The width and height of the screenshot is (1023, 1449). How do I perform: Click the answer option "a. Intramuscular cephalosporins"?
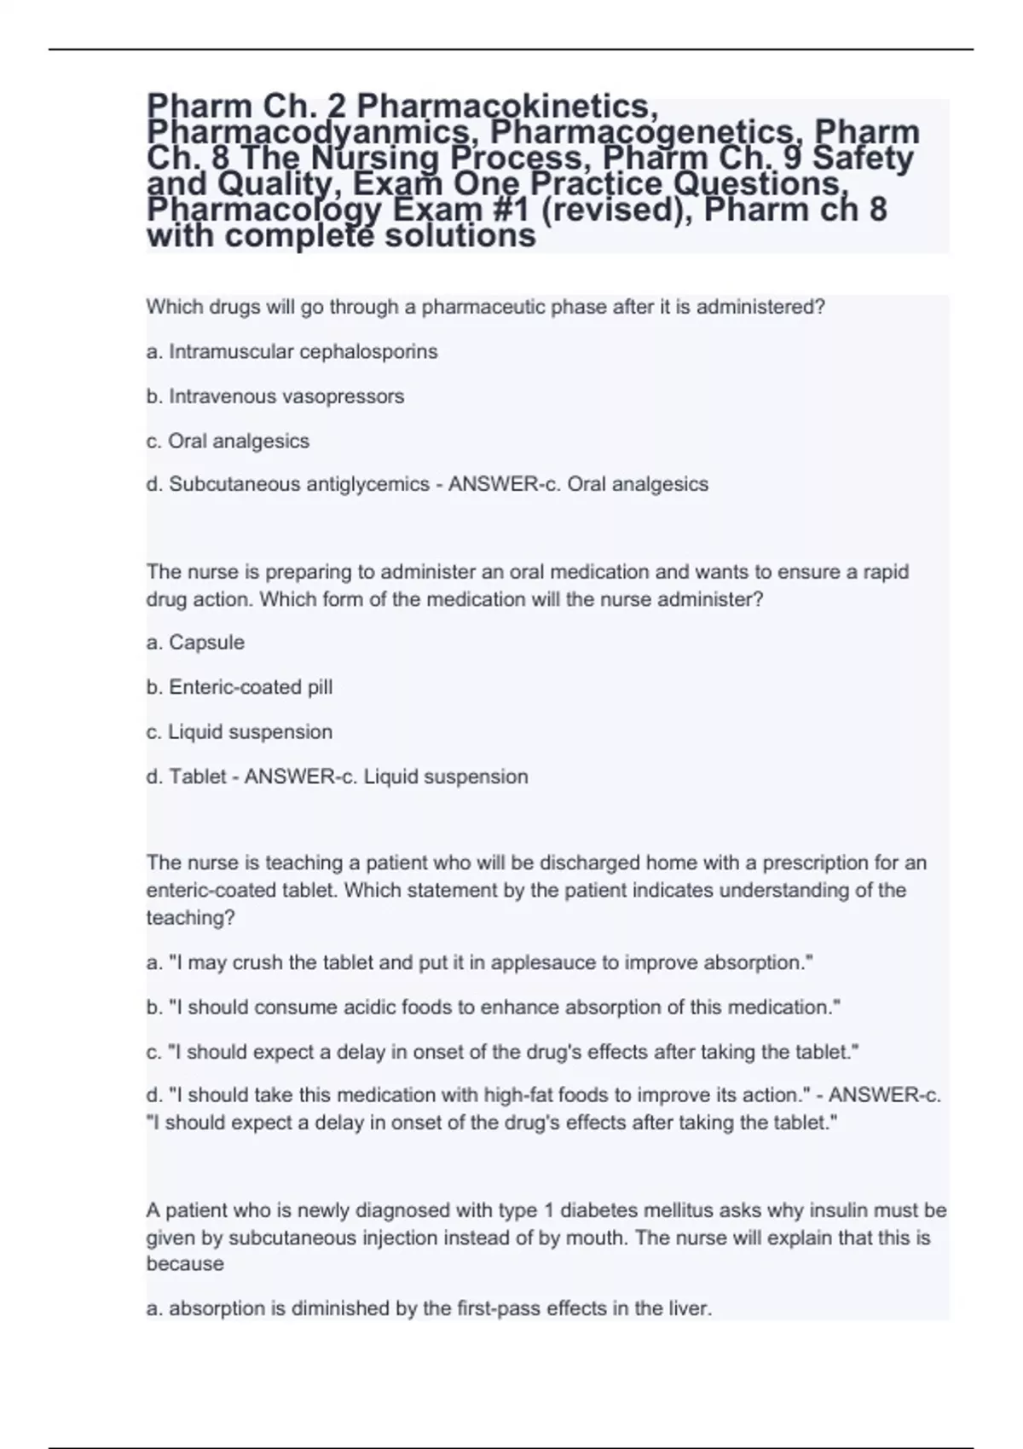pyautogui.click(x=292, y=352)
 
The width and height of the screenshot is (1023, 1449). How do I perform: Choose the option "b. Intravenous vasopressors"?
pyautogui.click(x=275, y=396)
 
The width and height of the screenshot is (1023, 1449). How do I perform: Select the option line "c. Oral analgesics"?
pyautogui.click(x=228, y=442)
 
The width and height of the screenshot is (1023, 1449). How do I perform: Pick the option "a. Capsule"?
pyautogui.click(x=195, y=643)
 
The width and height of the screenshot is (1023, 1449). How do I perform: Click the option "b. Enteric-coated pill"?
pyautogui.click(x=240, y=687)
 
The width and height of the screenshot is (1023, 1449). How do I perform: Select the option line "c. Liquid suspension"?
pyautogui.click(x=240, y=732)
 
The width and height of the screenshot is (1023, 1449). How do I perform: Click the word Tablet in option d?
pyautogui.click(x=198, y=776)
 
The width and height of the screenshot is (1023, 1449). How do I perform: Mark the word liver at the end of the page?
pyautogui.click(x=691, y=1308)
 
